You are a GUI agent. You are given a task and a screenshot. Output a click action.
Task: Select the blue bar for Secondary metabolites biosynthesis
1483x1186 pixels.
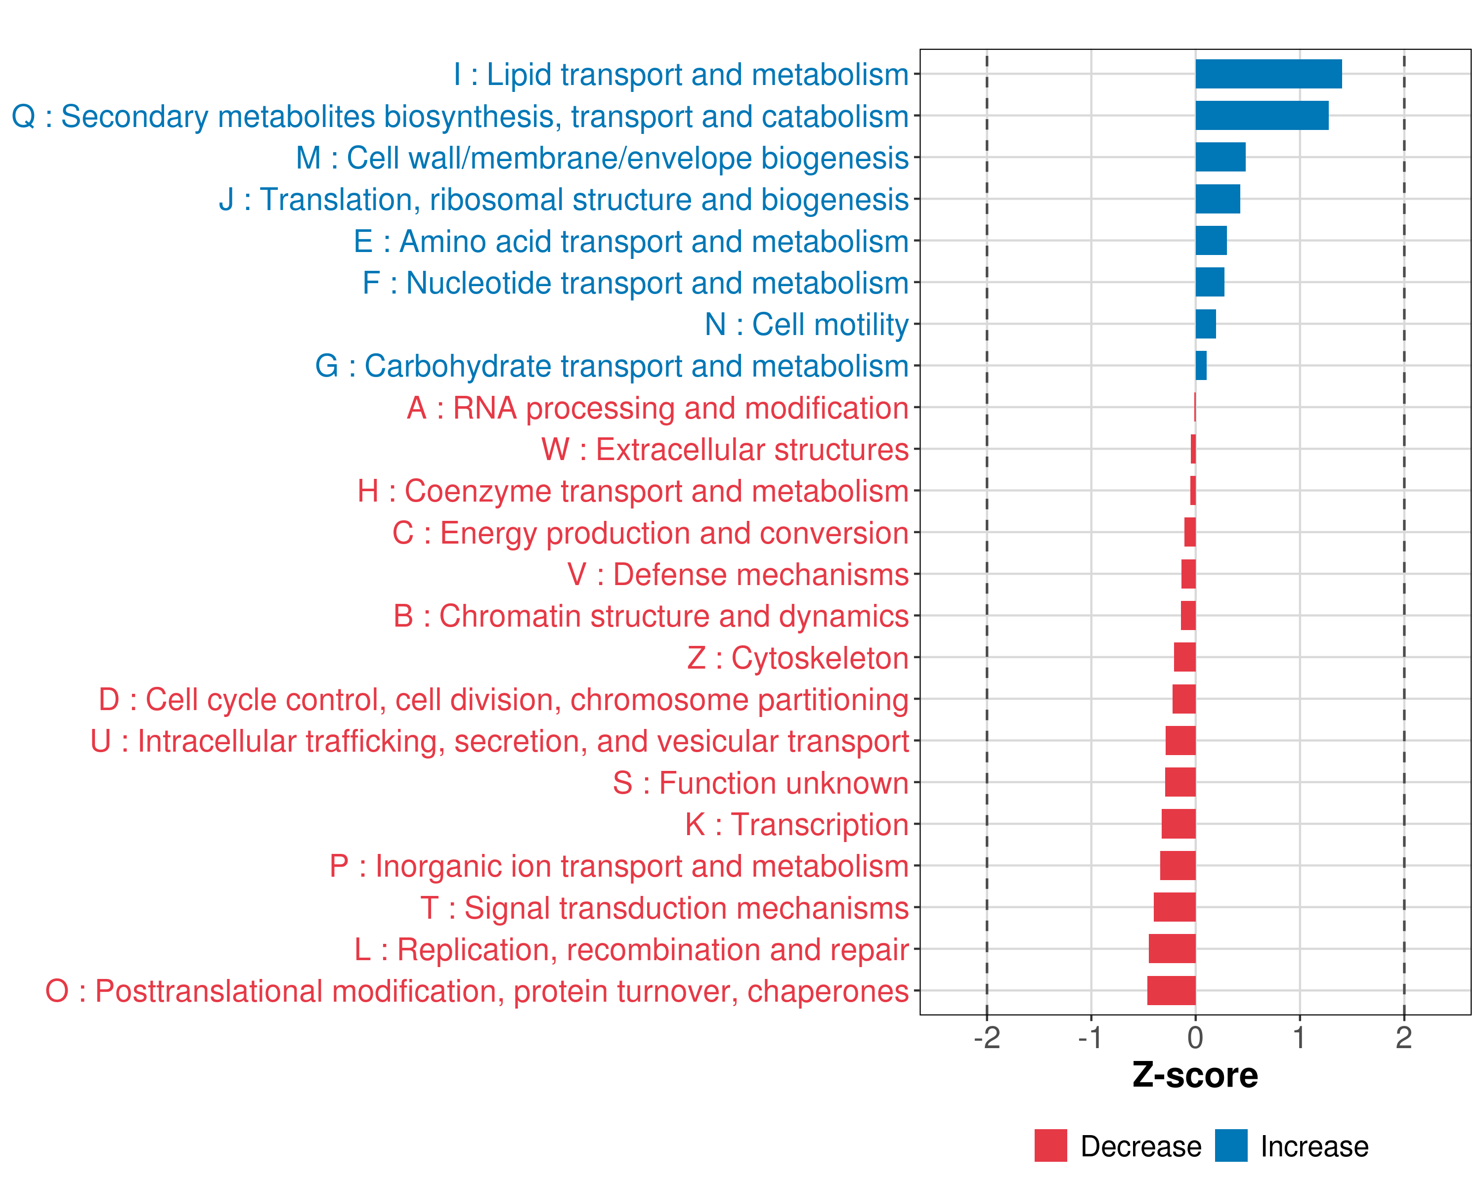(1262, 116)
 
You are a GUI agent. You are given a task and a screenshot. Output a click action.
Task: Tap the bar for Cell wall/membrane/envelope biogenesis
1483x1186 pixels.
(1220, 158)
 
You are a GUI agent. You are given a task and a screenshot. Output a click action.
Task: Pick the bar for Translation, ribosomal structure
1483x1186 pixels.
(1218, 199)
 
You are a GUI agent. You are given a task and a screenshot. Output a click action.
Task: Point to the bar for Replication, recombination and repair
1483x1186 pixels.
(1172, 949)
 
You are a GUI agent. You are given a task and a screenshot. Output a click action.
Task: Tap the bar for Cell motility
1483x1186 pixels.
(1205, 324)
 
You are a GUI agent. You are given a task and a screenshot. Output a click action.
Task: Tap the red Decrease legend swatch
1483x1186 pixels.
(1050, 1145)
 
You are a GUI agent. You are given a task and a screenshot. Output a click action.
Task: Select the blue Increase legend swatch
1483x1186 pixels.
(1230, 1145)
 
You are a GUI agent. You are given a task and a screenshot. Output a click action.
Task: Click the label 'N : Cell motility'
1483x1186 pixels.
(806, 325)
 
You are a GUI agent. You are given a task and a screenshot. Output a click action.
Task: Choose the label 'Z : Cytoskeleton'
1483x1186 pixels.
(797, 658)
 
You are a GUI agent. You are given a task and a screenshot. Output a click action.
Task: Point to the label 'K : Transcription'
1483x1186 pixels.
(796, 824)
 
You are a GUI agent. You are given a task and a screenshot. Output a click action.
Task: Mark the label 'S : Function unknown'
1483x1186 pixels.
(760, 783)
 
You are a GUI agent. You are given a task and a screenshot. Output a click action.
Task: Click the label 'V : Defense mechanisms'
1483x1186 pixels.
(738, 575)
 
